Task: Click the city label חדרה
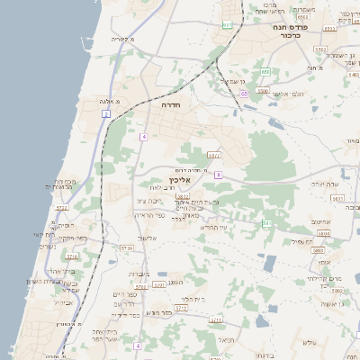tap(170, 105)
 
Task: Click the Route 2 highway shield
tap(105, 114)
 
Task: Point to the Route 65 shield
tap(243, 93)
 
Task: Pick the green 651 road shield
tap(227, 25)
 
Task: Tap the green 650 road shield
tap(265, 71)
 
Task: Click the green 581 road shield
tap(266, 222)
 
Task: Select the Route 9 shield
tap(218, 174)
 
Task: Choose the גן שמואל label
tap(233, 82)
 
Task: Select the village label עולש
tap(311, 342)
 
